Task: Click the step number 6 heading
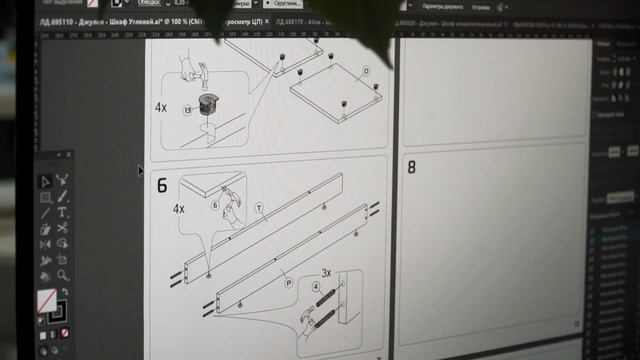pos(162,186)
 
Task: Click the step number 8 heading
pos(411,167)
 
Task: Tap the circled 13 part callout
pos(186,110)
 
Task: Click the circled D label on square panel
pos(366,71)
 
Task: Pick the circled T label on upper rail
pos(258,207)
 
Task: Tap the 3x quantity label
pos(326,272)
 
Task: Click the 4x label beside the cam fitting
pos(162,105)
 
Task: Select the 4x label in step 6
pos(179,209)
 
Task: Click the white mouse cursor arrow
pos(141,170)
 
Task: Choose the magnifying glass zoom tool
pos(62,275)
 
